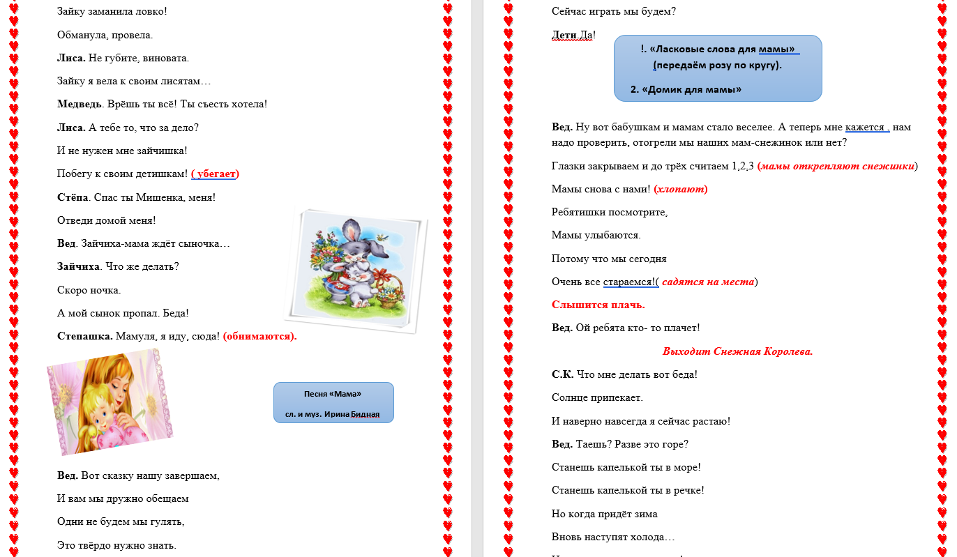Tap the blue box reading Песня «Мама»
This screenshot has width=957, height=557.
click(x=333, y=402)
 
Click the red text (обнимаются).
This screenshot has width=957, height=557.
click(x=259, y=336)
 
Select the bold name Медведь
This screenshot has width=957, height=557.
click(x=80, y=105)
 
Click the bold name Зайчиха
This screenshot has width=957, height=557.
click(x=79, y=266)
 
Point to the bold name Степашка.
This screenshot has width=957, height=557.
click(x=84, y=336)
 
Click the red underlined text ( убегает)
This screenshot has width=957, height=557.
click(x=215, y=174)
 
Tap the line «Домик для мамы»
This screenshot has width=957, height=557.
click(x=685, y=89)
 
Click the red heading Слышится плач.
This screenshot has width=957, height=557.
click(x=598, y=305)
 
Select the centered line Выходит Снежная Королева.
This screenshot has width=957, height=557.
click(x=737, y=351)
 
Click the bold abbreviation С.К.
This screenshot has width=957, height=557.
click(x=562, y=374)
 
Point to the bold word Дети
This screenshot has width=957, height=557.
click(x=564, y=35)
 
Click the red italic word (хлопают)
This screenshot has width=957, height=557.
click(x=681, y=189)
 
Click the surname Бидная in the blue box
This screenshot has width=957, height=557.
click(x=365, y=414)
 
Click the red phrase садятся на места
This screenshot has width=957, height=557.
click(x=707, y=282)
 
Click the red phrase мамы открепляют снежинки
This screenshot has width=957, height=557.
click(x=836, y=166)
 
